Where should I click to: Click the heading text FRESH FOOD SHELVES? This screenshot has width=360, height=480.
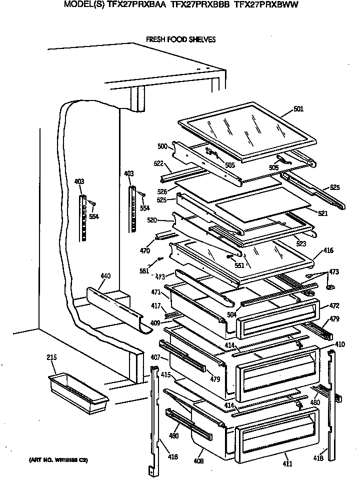pos(180,39)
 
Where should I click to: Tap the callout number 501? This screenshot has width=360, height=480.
pos(298,109)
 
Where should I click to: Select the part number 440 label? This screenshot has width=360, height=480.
pos(105,276)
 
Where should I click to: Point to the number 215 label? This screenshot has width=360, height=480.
pos(51,357)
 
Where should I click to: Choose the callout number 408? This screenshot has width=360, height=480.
pos(199,460)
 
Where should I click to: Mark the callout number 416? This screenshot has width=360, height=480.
pos(328,250)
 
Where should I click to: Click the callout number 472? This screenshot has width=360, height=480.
pos(334,305)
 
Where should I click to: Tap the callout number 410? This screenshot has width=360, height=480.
pos(339,344)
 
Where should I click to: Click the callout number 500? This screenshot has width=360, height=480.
pos(162,146)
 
